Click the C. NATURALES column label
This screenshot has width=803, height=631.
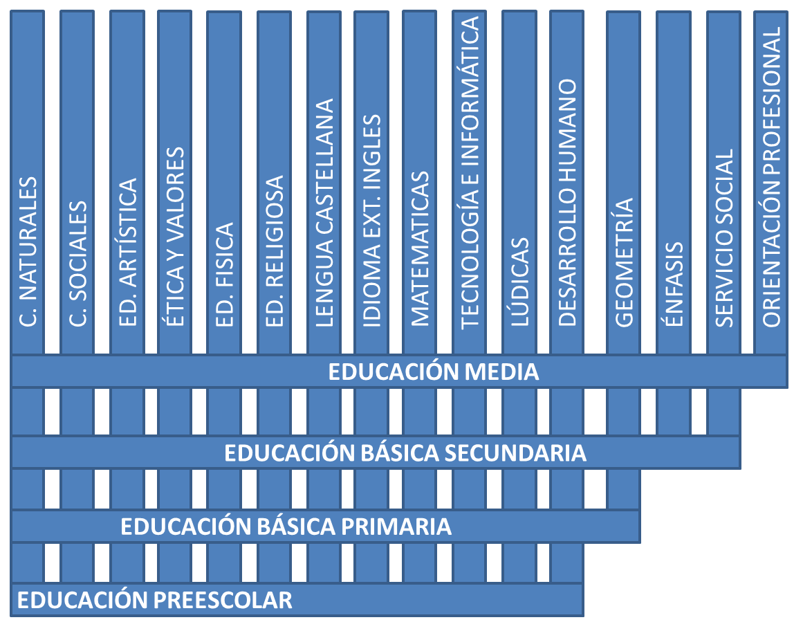click(28, 251)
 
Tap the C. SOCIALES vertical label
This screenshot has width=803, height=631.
click(78, 264)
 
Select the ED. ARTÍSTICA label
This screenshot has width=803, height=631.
click(127, 252)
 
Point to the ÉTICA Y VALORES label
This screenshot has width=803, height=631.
click(174, 237)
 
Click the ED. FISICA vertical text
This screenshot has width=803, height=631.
click(224, 275)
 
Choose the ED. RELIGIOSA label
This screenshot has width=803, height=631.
click(275, 251)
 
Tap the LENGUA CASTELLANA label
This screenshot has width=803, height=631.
click(324, 212)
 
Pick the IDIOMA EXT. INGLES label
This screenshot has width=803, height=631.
click(372, 221)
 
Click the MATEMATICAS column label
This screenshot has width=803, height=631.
click(420, 248)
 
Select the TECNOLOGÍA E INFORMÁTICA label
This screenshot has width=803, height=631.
click(470, 172)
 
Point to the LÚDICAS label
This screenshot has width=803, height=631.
click(520, 282)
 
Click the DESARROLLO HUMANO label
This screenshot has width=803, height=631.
click(567, 203)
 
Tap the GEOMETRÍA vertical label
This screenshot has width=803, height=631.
click(624, 262)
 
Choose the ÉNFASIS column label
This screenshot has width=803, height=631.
click(674, 284)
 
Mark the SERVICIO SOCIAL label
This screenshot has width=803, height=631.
click(724, 237)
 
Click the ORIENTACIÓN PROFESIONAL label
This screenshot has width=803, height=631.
click(771, 176)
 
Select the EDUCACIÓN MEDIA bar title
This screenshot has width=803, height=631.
click(433, 372)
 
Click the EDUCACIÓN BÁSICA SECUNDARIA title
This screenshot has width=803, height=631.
click(405, 452)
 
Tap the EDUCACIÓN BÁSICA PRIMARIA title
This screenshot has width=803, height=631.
click(286, 526)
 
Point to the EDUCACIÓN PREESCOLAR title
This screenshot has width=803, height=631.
click(155, 600)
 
